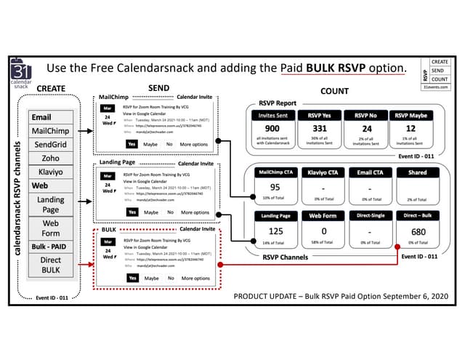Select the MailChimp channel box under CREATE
50,131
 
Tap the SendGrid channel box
50,145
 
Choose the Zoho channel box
50,159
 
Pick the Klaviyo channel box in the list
50,172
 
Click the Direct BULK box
50,265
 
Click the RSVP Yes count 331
320,129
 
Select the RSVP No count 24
366,129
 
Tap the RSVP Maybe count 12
412,129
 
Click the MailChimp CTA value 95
275,187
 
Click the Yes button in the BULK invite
132,278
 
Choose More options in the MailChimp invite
195,144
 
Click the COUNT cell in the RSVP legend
440,79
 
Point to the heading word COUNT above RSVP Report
334,92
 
